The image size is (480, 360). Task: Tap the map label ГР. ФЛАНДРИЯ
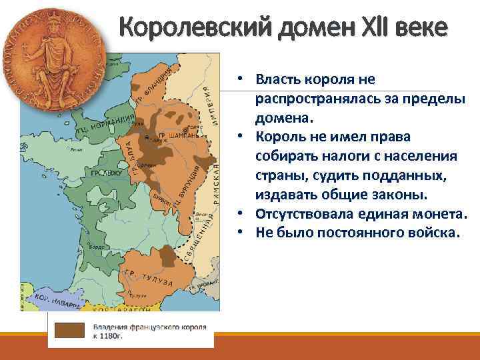(155, 85)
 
